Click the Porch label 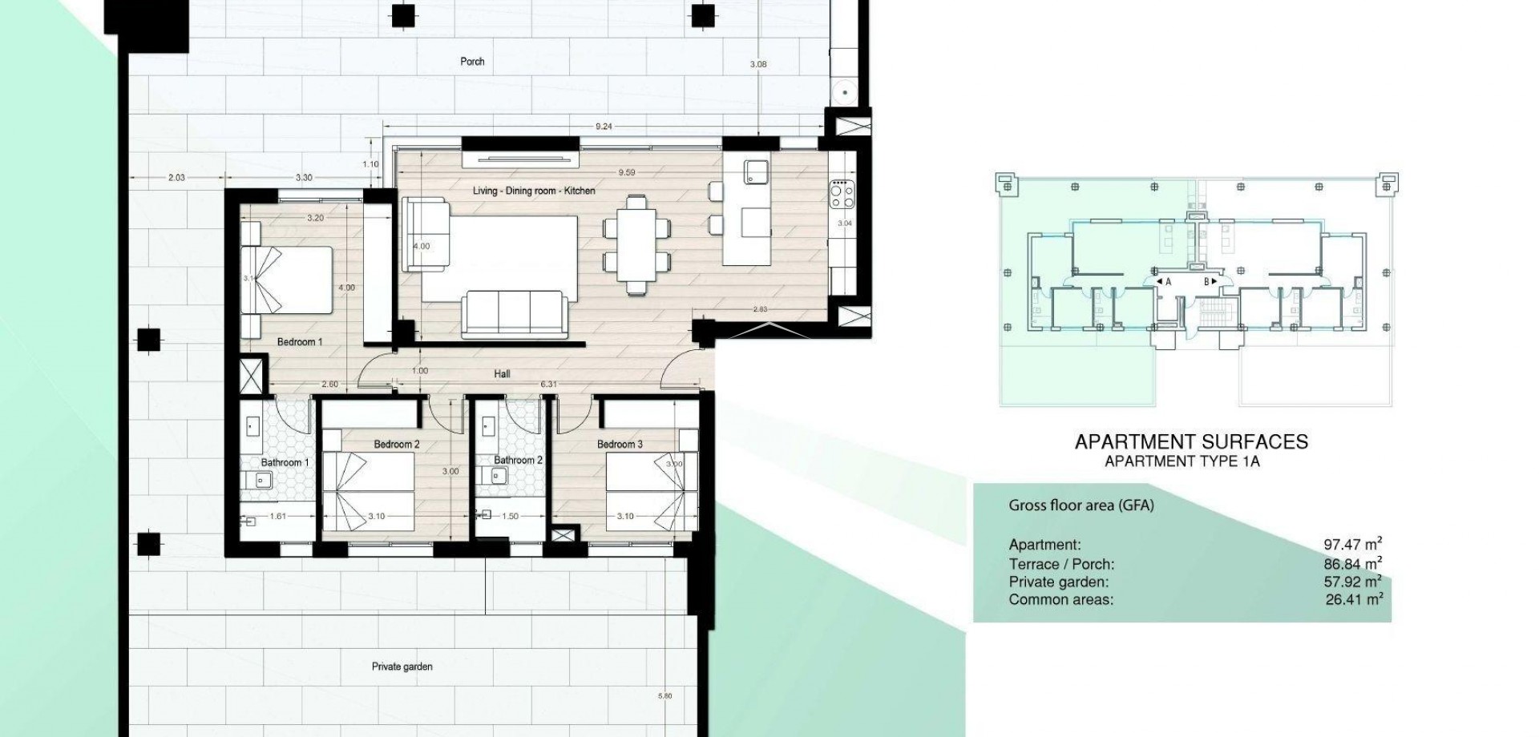click(472, 62)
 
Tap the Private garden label click(402, 667)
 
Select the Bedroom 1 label click(299, 342)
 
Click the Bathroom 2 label click(518, 461)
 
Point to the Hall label click(502, 374)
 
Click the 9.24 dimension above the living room click(604, 127)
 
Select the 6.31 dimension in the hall click(548, 385)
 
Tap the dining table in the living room click(636, 244)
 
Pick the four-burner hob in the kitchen click(842, 193)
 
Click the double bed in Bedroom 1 click(286, 280)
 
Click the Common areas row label click(1060, 600)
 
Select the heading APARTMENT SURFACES click(1190, 442)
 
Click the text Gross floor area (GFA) click(1081, 505)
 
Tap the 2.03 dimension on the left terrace click(176, 178)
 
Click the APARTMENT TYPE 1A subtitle click(1182, 461)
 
